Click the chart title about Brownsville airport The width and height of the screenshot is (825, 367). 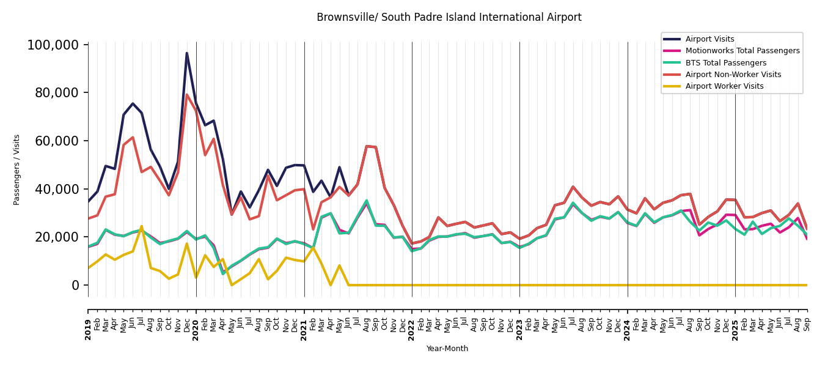point(449,18)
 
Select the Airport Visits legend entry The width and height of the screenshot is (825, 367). point(710,39)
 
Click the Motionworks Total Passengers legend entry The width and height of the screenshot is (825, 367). point(742,51)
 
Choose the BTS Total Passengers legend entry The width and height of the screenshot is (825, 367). point(725,63)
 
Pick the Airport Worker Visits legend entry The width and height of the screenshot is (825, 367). point(724,86)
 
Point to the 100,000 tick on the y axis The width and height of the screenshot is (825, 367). point(53,45)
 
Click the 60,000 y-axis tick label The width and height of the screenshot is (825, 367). point(56,141)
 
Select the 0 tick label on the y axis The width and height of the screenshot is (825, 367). point(76,285)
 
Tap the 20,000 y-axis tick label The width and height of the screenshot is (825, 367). point(56,237)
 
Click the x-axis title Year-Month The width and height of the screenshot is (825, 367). point(447,349)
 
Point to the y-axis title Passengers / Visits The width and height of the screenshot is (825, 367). point(17,169)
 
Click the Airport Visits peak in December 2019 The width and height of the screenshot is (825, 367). point(187,53)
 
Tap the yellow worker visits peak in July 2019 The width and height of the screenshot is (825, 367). point(142,226)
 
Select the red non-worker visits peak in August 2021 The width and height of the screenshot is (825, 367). point(367,146)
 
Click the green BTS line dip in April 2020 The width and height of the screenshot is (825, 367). point(223,273)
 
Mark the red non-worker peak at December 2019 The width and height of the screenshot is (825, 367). point(187,95)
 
